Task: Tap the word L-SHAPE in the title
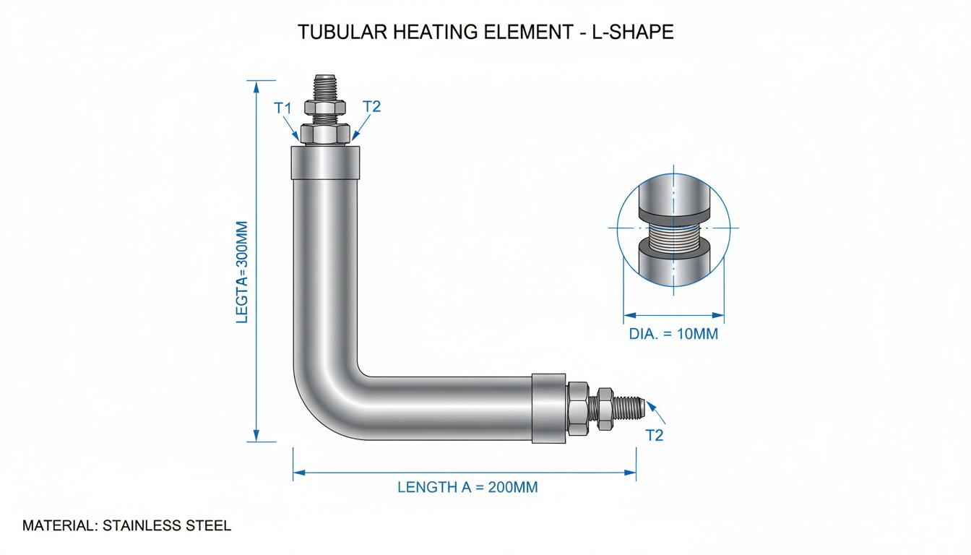[x=632, y=32]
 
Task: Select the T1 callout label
[x=282, y=108]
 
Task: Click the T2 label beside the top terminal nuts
[x=371, y=106]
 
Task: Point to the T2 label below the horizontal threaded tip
[x=655, y=435]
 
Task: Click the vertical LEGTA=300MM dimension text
[x=242, y=272]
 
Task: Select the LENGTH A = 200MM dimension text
[x=467, y=487]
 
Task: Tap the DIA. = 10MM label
[x=673, y=334]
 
